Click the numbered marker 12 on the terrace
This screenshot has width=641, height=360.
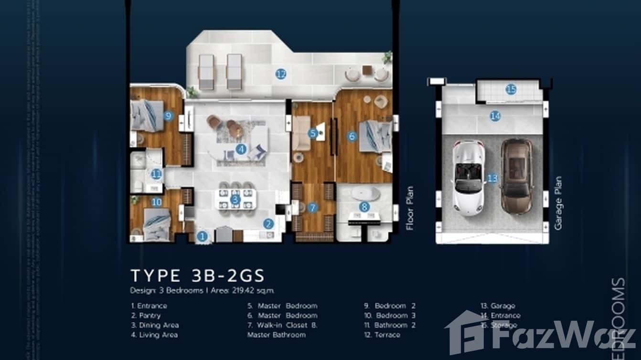281,74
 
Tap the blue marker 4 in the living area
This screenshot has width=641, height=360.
241,149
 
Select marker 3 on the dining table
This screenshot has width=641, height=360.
235,199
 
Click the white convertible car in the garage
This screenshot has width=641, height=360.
468,177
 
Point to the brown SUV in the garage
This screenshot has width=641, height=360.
516,176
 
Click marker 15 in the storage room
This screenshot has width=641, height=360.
511,89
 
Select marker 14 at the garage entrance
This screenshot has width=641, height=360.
495,116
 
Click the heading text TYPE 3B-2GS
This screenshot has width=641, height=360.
197,276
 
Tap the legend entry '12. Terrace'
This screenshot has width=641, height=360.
382,335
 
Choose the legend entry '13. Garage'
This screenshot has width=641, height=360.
498,306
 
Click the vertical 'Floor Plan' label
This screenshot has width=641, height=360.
409,208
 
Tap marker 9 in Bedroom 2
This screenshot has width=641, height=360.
167,115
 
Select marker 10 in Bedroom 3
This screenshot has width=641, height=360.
156,202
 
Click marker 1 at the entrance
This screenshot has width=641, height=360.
203,236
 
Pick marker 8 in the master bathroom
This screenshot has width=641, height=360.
364,207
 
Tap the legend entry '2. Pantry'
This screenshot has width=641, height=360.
146,316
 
